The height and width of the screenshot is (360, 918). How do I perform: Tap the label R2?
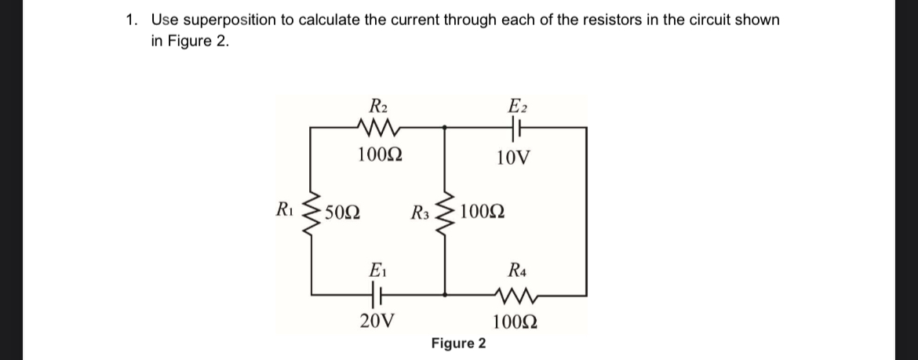378,104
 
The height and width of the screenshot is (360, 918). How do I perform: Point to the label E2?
518,104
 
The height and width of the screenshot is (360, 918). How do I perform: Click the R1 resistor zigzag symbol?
312,211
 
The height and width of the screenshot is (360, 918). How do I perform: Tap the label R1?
286,209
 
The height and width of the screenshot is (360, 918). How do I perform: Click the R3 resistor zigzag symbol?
446,211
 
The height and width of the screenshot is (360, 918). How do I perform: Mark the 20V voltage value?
377,320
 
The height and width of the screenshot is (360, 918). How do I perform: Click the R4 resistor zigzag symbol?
515,295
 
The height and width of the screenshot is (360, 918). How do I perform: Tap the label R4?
518,271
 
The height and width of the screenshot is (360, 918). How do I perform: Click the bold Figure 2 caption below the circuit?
458,344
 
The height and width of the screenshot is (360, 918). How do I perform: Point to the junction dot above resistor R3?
446,127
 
